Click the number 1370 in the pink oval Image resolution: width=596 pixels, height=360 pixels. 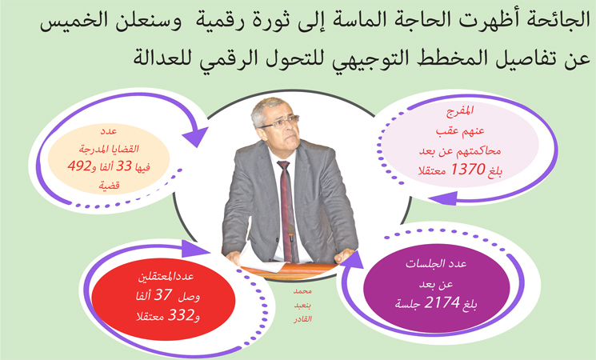[468, 169]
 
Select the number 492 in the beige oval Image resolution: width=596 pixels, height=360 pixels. [79, 166]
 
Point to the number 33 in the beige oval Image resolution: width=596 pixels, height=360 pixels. [124, 166]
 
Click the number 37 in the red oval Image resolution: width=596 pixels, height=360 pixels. [163, 294]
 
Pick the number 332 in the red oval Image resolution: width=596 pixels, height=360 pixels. [182, 315]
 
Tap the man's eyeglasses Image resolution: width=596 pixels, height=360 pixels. [279, 122]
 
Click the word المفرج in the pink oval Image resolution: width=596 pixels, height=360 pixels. [460, 111]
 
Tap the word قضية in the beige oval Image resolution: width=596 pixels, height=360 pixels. [110, 186]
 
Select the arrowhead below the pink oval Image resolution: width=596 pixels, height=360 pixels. [443, 198]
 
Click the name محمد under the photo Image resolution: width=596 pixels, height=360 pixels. [302, 291]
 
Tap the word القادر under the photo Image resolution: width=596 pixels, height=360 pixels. [302, 319]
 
